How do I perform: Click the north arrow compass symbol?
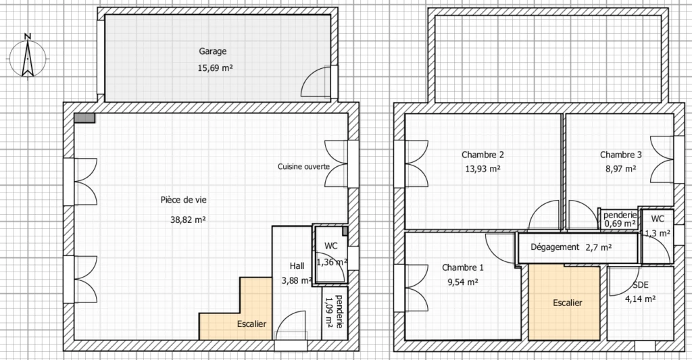pyautogui.click(x=27, y=57)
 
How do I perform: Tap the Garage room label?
pyautogui.click(x=213, y=51)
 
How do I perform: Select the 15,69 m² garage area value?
pyautogui.click(x=215, y=68)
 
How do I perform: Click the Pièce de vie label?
pyautogui.click(x=184, y=200)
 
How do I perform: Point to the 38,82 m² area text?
pyautogui.click(x=188, y=220)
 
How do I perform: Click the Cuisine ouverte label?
pyautogui.click(x=303, y=166)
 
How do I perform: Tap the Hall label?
pyautogui.click(x=297, y=265)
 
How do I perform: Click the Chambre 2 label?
pyautogui.click(x=483, y=155)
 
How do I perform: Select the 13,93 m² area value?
pyautogui.click(x=483, y=169)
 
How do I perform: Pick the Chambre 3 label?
pyautogui.click(x=621, y=155)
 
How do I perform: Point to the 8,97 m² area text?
pyautogui.click(x=621, y=169)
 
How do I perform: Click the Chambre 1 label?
pyautogui.click(x=463, y=267)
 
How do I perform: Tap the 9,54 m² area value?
pyautogui.click(x=463, y=282)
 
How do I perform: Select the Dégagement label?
pyautogui.click(x=555, y=247)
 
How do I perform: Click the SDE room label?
pyautogui.click(x=641, y=285)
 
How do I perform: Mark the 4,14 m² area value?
pyautogui.click(x=641, y=299)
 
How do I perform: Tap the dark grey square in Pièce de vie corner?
pyautogui.click(x=84, y=118)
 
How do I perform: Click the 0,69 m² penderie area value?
pyautogui.click(x=620, y=224)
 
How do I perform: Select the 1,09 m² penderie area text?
pyautogui.click(x=328, y=311)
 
